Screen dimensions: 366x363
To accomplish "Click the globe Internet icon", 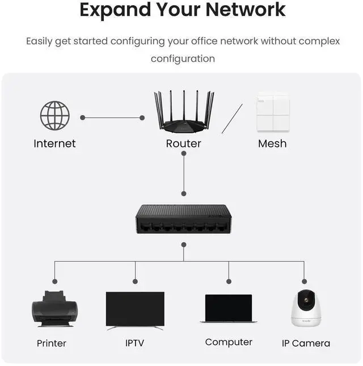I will click(x=55, y=116).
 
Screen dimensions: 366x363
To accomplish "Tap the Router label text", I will click(x=183, y=144).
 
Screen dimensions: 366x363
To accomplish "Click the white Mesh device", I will click(x=273, y=112).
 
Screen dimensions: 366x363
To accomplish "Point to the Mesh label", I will click(x=272, y=144).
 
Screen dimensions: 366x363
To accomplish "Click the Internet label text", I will click(x=54, y=144).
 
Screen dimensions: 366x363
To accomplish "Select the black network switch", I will click(x=183, y=218).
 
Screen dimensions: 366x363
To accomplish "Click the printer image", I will click(x=54, y=309).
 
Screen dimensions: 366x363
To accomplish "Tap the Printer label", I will click(x=52, y=343).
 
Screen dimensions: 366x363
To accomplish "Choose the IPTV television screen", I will click(x=135, y=310).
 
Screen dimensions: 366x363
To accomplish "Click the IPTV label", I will click(x=135, y=343).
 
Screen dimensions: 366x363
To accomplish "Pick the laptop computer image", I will click(x=228, y=309).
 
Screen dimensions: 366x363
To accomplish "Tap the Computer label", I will click(x=229, y=342).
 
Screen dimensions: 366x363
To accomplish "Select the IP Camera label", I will click(x=306, y=343).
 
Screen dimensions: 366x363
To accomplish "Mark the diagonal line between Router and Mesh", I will click(x=232, y=119).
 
